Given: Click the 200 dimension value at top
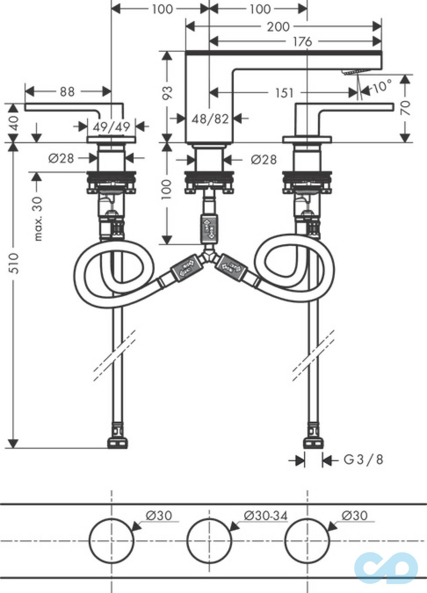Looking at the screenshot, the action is tap(278, 27).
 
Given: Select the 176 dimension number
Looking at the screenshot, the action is tap(302, 42).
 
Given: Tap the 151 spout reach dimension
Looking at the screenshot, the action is tap(284, 93).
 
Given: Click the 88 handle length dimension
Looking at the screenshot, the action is tap(67, 92).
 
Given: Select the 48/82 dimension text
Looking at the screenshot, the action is tap(210, 119).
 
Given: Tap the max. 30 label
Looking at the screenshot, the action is tap(38, 219).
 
